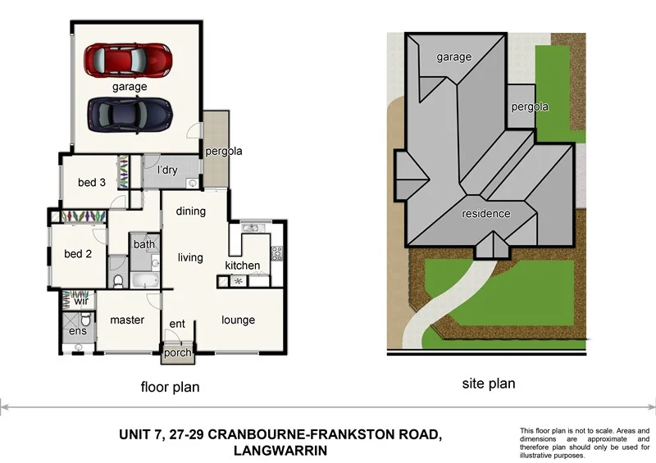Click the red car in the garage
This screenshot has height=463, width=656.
[130, 59]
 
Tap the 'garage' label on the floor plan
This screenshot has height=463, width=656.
[130, 86]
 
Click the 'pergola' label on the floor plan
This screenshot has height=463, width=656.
[224, 152]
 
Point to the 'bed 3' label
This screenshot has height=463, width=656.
[91, 182]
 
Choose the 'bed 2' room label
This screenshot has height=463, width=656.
[78, 254]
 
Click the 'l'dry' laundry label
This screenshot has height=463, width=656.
[167, 170]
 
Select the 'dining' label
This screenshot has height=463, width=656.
[190, 211]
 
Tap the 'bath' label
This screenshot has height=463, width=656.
[144, 244]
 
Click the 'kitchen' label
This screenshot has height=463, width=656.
[243, 266]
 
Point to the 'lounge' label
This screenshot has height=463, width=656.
[238, 320]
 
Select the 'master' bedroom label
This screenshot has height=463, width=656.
[127, 320]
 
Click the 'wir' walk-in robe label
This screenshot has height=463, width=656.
[81, 301]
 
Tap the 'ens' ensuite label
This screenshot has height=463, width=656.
[76, 330]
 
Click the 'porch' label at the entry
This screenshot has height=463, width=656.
[177, 353]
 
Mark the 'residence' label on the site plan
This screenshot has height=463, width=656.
[485, 214]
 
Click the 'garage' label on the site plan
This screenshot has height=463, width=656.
[453, 57]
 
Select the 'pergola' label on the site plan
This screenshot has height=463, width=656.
[529, 107]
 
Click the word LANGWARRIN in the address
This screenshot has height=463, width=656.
[281, 451]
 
